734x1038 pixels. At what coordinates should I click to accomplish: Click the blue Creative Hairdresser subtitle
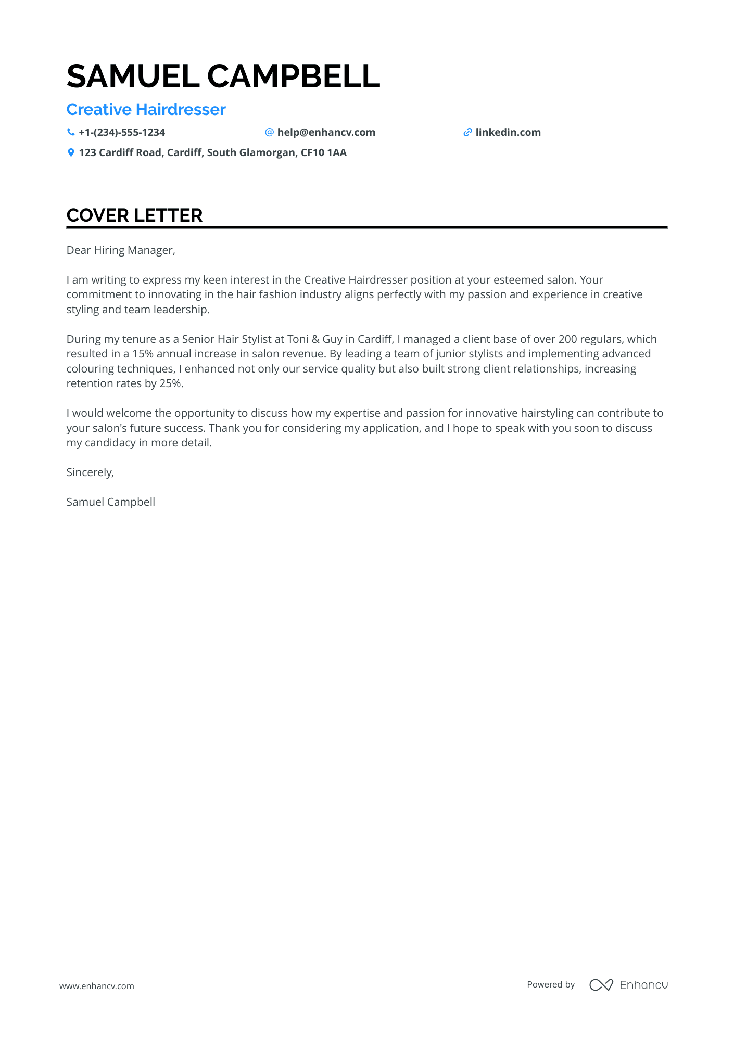146,110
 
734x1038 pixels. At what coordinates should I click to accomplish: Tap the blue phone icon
71,132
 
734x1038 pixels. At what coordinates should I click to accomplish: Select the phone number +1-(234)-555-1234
122,132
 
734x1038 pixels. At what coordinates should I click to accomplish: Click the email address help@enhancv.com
326,132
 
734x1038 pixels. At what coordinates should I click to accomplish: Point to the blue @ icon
269,132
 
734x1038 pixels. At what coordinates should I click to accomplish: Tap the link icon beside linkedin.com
467,132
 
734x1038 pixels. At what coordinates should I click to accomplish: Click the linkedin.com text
508,132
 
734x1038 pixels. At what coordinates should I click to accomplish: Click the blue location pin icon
71,152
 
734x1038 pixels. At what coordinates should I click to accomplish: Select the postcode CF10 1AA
323,152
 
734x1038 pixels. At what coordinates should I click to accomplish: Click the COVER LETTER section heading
134,215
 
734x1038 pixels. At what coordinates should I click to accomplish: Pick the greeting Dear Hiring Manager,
121,250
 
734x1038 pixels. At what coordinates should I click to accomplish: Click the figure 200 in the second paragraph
567,339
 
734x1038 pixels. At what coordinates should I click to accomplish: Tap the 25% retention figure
171,383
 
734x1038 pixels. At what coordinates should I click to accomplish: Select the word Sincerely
89,472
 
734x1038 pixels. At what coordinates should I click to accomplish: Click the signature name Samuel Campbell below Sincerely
110,502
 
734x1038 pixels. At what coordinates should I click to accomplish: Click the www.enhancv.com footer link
96,986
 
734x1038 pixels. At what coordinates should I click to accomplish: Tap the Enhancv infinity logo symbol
601,985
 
